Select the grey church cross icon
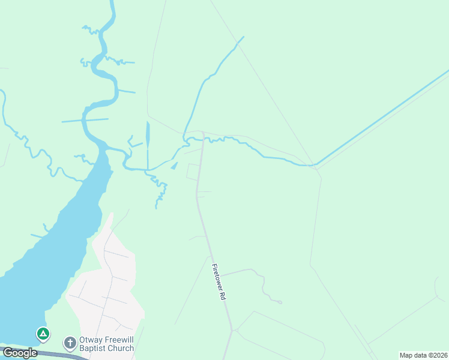(70, 343)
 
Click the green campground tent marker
(43, 333)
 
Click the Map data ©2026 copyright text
(423, 355)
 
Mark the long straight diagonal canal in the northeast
(384, 117)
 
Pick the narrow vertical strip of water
(148, 144)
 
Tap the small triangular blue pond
(174, 166)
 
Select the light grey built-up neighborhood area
(108, 288)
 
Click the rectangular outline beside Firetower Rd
(193, 172)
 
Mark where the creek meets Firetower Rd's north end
(203, 140)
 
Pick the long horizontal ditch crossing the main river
(84, 120)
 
